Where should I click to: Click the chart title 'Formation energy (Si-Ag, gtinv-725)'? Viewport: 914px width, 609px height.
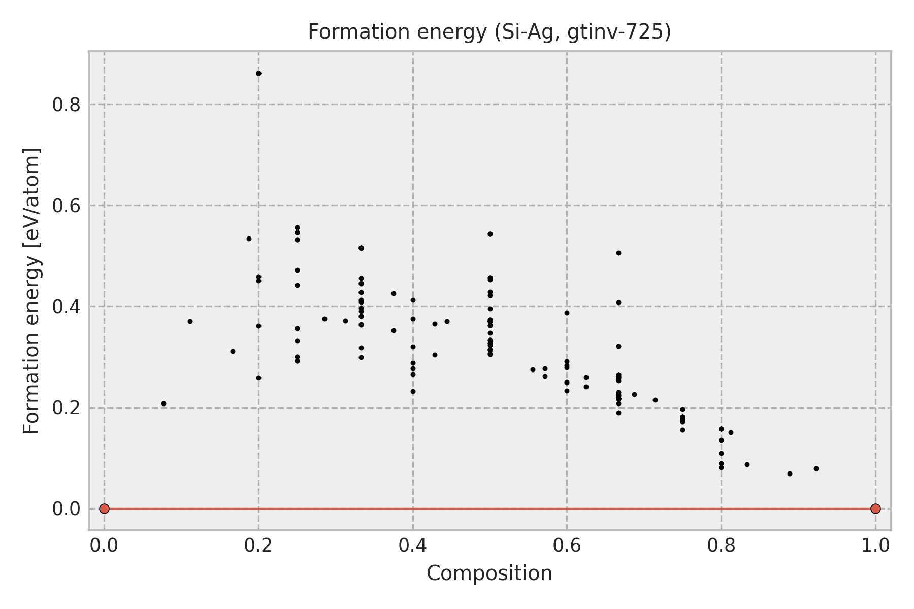point(489,32)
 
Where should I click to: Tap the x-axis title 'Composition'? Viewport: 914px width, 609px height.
point(489,573)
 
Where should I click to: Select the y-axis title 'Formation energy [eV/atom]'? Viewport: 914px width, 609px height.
point(32,291)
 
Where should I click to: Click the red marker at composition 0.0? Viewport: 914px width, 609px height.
point(104,509)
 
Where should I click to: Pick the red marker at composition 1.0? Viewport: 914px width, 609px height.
point(875,509)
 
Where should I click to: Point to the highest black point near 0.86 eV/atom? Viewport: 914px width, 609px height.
point(258,73)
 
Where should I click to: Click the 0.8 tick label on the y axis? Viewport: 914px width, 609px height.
point(67,105)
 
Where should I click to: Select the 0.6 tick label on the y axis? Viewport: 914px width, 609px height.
point(67,206)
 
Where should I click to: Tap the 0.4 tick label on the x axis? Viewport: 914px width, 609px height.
point(412,546)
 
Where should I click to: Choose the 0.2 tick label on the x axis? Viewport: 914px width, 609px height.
point(258,546)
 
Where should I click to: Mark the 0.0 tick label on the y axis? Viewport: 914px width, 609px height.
point(67,509)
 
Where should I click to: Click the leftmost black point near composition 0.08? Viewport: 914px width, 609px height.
point(164,404)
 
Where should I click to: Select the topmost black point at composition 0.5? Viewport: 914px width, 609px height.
point(490,234)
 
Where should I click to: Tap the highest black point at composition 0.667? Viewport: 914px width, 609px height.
point(618,253)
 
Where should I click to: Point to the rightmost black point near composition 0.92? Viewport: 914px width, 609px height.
point(816,468)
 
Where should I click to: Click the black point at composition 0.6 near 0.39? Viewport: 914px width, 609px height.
point(567,313)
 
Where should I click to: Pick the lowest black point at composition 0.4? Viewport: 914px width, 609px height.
point(413,391)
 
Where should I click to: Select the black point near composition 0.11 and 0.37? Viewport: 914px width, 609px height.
point(190,321)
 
